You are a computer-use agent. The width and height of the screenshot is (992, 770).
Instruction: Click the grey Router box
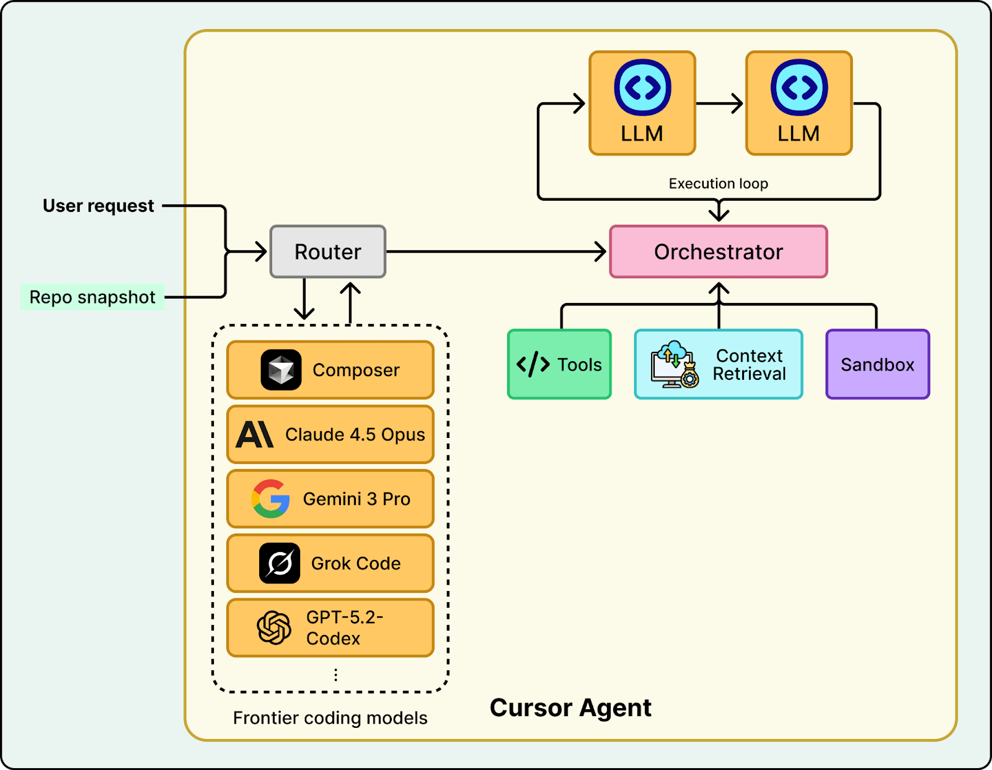(x=328, y=252)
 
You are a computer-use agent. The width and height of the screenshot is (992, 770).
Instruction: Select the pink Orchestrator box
(x=719, y=252)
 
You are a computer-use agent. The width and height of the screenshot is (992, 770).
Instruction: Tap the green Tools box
(x=559, y=364)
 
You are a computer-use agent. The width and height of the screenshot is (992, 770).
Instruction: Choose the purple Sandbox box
(x=877, y=364)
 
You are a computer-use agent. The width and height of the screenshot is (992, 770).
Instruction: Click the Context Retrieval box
(x=719, y=364)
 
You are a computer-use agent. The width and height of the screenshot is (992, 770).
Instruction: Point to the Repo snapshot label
(x=92, y=297)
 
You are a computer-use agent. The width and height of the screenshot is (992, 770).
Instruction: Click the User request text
(x=98, y=206)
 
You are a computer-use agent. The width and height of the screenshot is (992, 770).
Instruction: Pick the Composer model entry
(x=330, y=370)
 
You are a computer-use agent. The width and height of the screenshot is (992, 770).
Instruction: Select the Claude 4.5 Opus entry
(x=330, y=434)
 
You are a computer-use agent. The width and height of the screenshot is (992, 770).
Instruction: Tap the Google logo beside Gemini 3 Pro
(x=271, y=499)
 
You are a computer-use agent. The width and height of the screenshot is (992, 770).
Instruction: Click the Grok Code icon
(x=280, y=563)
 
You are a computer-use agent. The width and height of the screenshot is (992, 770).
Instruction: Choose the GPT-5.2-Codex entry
(x=330, y=628)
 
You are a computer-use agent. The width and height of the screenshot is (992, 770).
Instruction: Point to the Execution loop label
(x=718, y=183)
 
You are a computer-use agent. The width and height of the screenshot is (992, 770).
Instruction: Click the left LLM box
(x=642, y=103)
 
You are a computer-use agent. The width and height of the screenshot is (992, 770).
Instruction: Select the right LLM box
(x=799, y=103)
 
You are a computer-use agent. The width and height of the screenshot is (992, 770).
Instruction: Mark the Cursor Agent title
(x=570, y=707)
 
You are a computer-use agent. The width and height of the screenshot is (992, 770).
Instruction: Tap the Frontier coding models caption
(x=330, y=717)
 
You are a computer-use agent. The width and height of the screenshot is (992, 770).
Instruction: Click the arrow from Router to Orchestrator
(x=496, y=252)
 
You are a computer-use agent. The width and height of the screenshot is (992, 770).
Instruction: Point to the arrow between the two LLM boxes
(x=720, y=103)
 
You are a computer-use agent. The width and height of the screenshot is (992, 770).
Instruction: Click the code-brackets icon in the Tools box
(x=533, y=364)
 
